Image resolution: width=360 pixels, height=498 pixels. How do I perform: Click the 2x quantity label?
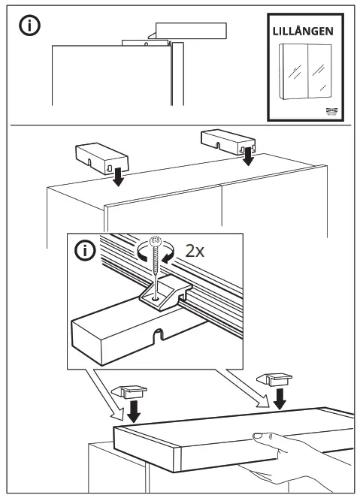(x=195, y=251)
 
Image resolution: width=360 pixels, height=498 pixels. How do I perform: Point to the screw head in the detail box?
(x=156, y=243)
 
